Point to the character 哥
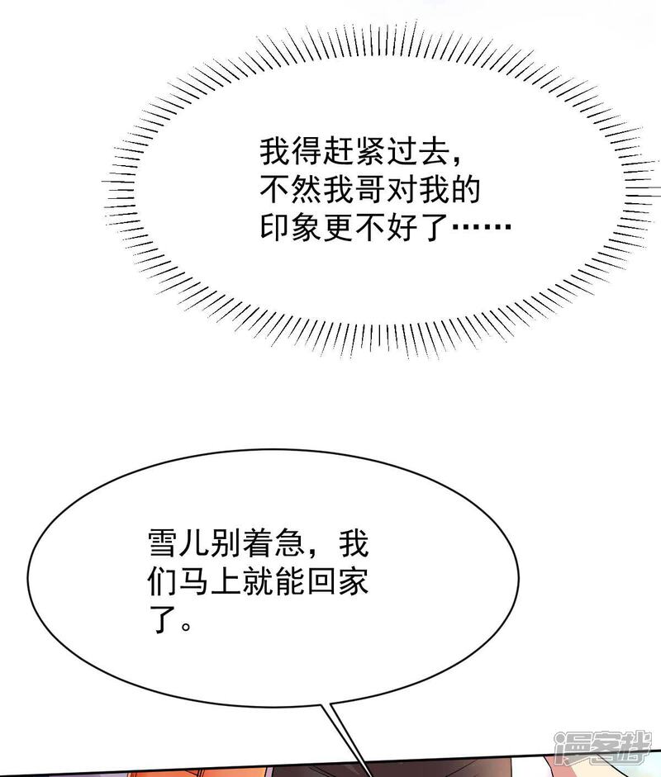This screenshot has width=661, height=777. [x=370, y=189]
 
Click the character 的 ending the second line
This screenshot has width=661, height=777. [x=466, y=189]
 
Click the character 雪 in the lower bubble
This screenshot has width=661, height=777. [x=163, y=542]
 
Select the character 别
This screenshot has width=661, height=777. [x=226, y=542]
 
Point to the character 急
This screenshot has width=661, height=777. [x=289, y=542]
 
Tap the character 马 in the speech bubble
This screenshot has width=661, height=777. [x=194, y=580]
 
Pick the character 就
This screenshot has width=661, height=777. [x=258, y=580]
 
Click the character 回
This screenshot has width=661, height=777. [x=321, y=580]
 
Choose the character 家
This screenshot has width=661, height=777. [x=353, y=580]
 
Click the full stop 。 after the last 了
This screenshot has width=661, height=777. [x=186, y=626]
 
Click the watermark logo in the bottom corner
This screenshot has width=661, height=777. [x=602, y=749]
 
